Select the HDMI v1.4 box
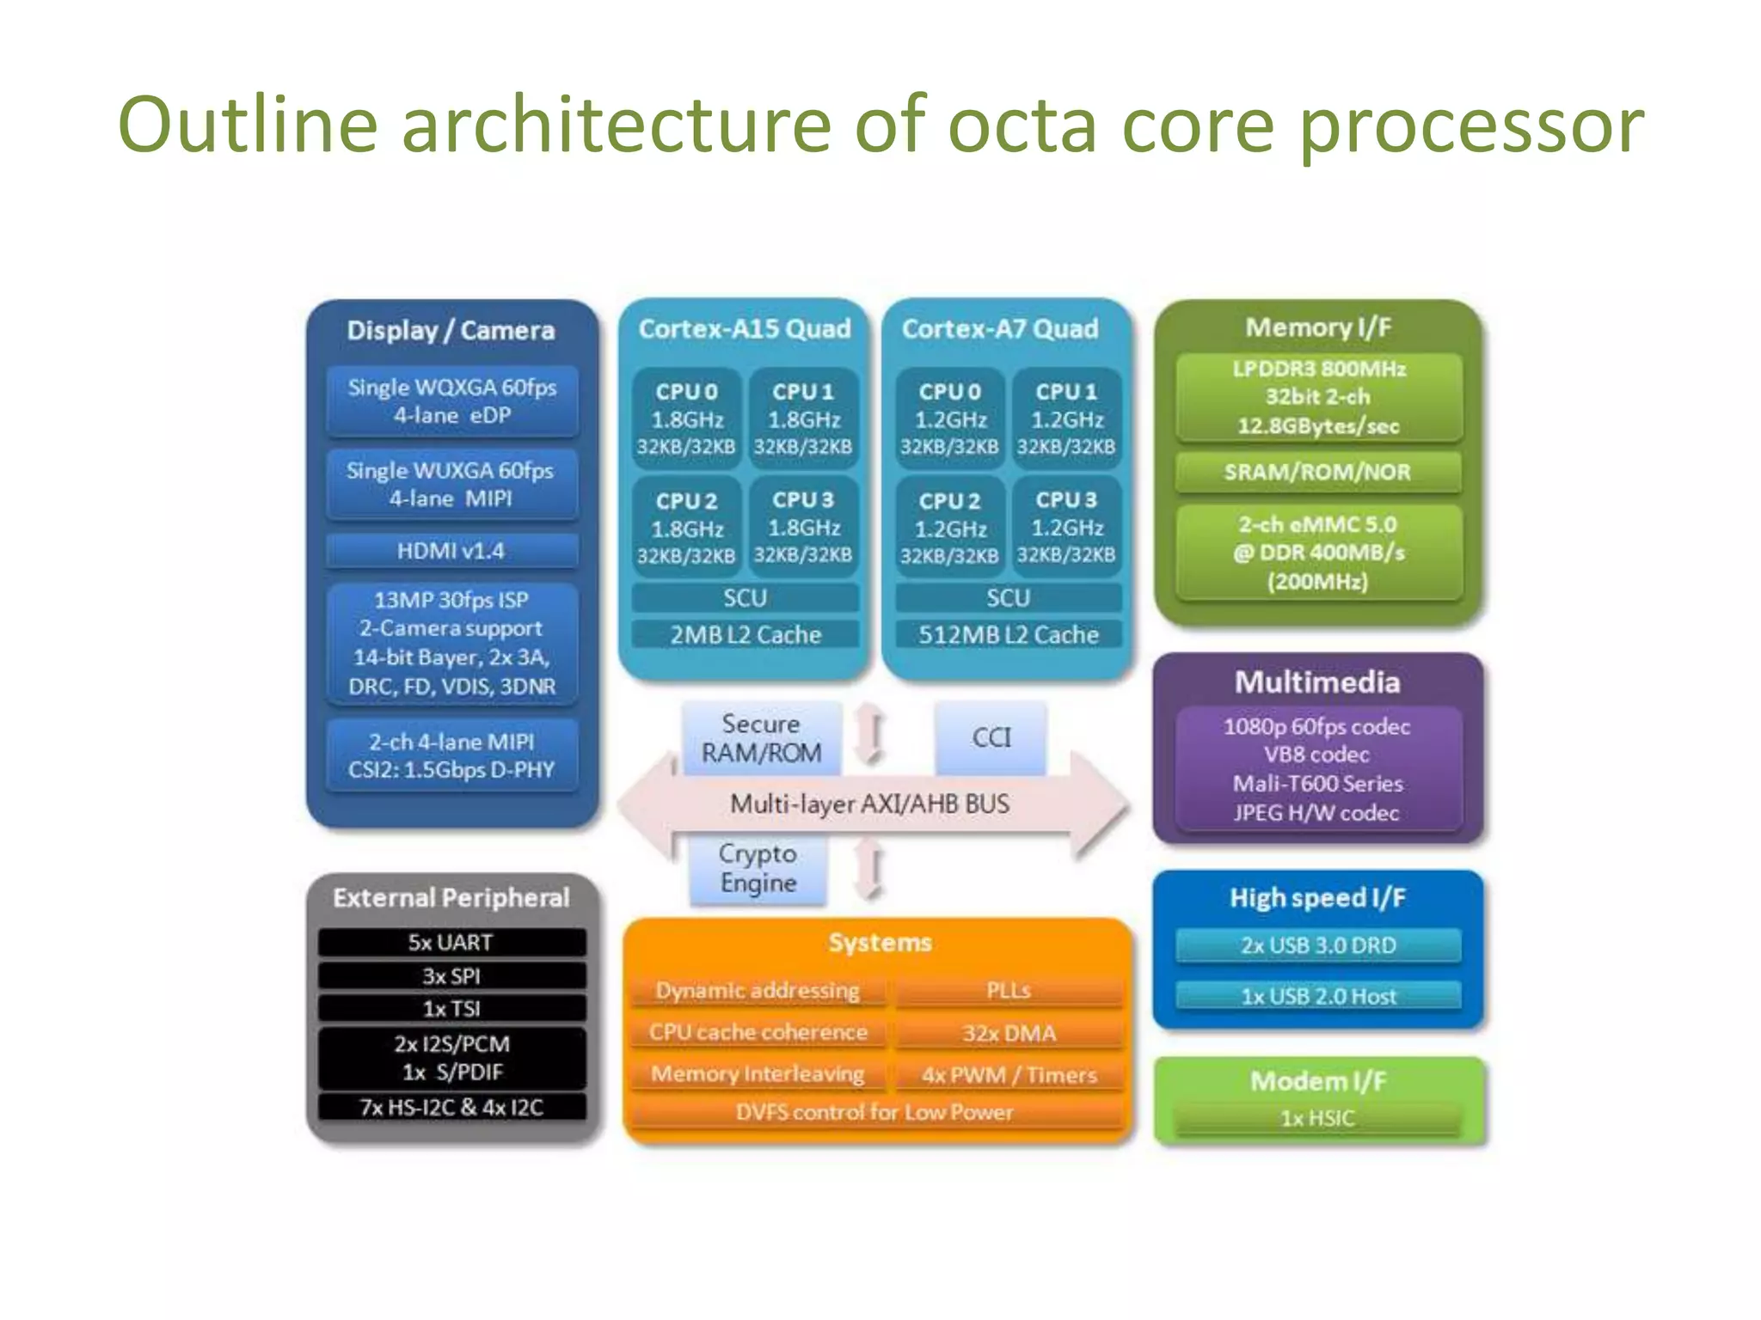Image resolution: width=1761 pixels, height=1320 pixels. tap(451, 551)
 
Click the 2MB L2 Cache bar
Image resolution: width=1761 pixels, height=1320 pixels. tap(746, 635)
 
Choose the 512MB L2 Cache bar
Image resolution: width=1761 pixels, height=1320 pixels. tap(1009, 635)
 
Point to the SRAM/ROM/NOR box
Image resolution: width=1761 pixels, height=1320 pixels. tap(1317, 472)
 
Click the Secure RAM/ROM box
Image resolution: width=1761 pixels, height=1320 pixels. tap(761, 738)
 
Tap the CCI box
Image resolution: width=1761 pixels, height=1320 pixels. tap(991, 737)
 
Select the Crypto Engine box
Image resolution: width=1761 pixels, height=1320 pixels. tap(758, 868)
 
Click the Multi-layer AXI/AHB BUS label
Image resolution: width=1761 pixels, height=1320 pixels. tap(869, 804)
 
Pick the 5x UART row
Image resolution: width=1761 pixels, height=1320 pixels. tap(451, 943)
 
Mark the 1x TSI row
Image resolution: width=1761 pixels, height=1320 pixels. tap(451, 1009)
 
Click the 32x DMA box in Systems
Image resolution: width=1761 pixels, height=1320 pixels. tap(1009, 1033)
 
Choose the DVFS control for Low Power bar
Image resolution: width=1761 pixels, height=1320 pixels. tap(874, 1112)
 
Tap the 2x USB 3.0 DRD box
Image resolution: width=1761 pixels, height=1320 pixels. tap(1318, 945)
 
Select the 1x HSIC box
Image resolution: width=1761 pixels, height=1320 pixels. tap(1317, 1118)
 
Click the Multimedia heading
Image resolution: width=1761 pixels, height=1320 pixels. tap(1317, 682)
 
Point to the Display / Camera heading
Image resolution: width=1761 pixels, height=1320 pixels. tap(451, 331)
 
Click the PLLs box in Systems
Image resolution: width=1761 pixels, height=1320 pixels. tap(1009, 991)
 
